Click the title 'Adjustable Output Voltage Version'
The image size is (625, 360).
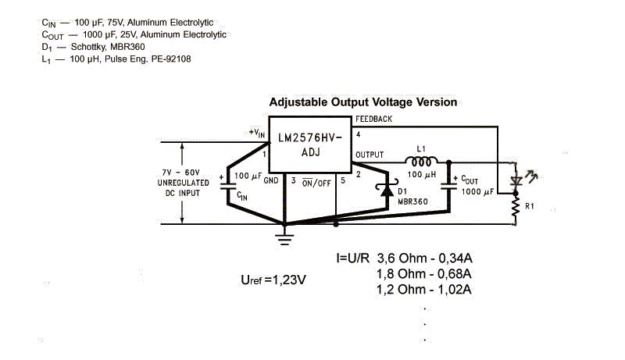362,102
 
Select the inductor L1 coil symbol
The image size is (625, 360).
421,160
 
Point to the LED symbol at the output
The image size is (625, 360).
516,180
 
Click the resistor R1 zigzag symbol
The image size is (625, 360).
516,206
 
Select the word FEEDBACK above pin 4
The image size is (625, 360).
373,119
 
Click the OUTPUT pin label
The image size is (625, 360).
370,155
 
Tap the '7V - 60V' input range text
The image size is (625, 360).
181,171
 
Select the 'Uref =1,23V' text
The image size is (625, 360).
273,280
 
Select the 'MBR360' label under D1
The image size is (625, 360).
412,201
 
